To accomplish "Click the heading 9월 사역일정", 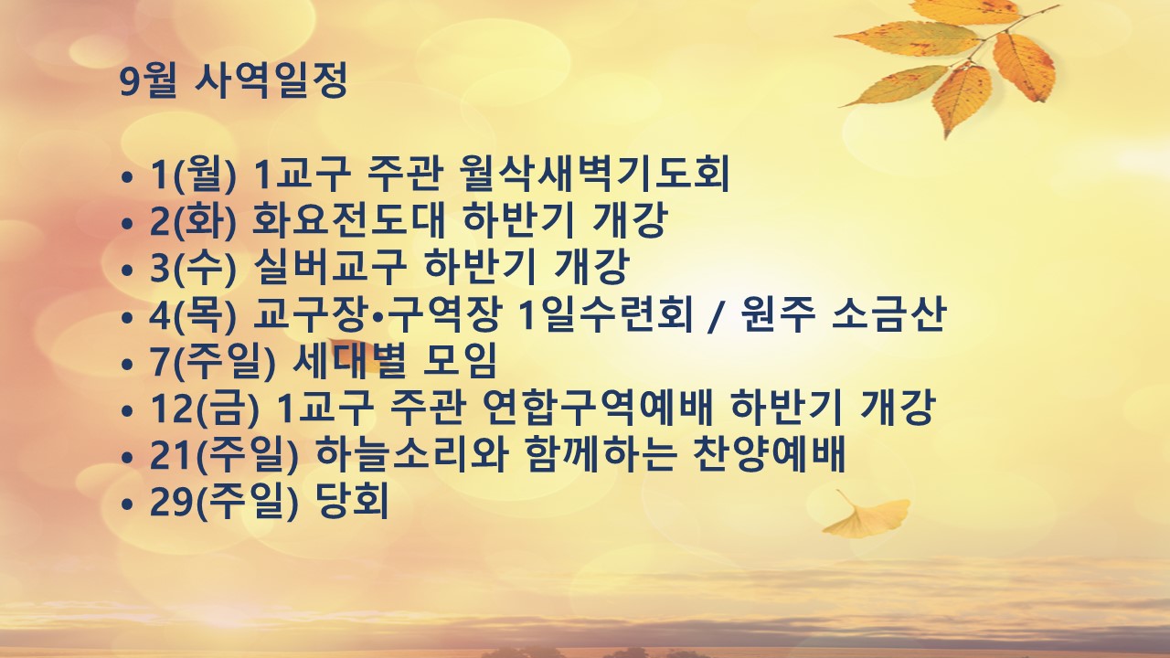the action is [x=233, y=81].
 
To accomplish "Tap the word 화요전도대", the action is [x=348, y=220].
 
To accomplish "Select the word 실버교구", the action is [x=329, y=267].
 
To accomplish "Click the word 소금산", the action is [x=888, y=313].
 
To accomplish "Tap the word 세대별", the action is [x=349, y=360].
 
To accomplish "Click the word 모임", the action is [x=459, y=360].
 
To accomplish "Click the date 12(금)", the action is [x=205, y=408].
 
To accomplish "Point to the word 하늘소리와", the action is [x=411, y=453].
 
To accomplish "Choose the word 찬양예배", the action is [x=769, y=453].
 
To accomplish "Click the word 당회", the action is [x=352, y=500].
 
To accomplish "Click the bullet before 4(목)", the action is [x=126, y=317].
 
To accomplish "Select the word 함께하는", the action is [x=599, y=453].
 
